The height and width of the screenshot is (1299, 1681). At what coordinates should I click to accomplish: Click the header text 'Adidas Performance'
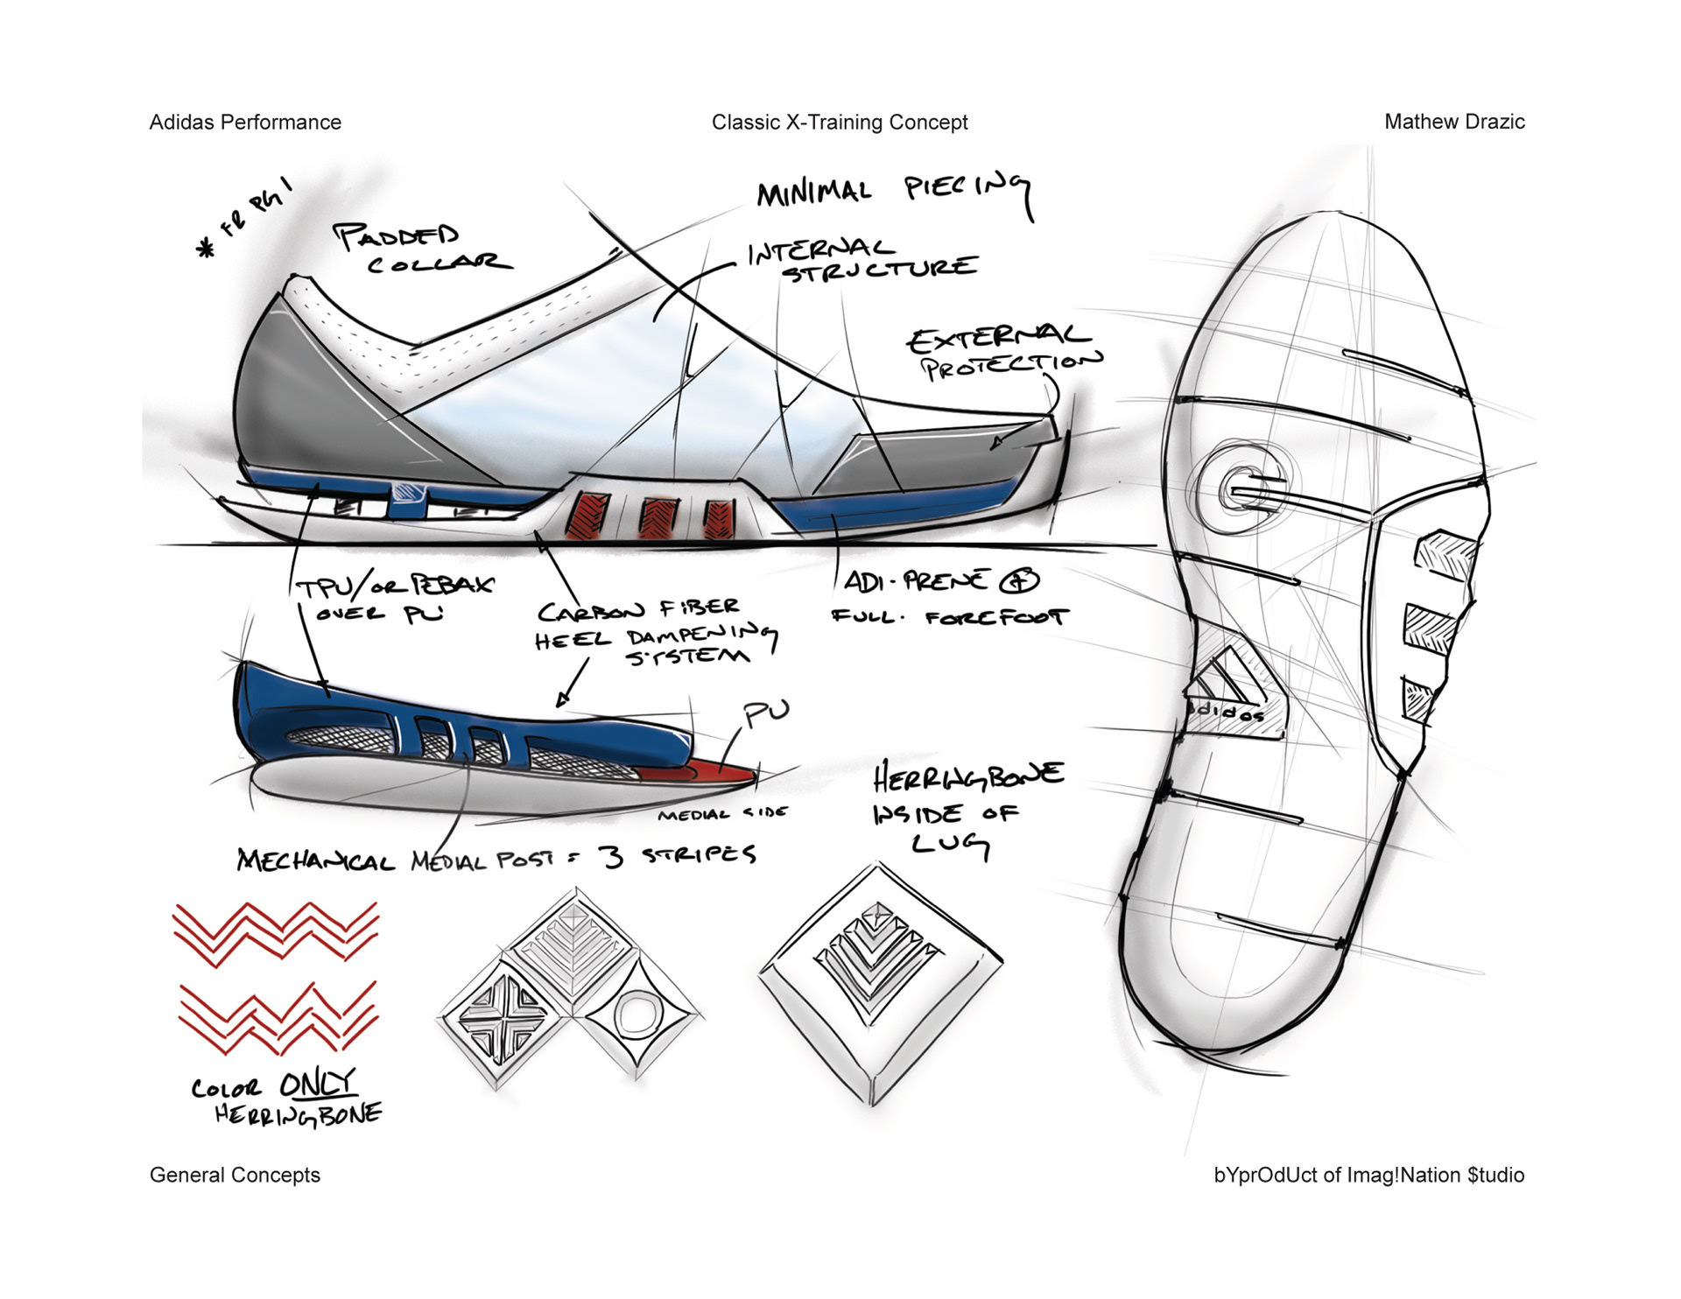(245, 123)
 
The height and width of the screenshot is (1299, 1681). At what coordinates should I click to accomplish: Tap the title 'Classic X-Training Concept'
(840, 123)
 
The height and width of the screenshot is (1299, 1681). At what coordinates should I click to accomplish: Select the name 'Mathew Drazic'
(1454, 123)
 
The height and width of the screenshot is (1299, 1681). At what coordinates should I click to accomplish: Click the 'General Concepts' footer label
(235, 1175)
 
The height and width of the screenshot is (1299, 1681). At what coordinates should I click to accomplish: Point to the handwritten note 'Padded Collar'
(420, 249)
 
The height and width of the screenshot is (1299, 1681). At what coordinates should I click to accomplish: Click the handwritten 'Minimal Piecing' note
(893, 192)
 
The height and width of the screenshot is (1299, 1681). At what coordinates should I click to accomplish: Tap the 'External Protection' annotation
(1003, 352)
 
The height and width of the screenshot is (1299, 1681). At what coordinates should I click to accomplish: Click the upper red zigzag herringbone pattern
(276, 933)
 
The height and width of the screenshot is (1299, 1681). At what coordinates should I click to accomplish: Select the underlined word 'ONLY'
(317, 1085)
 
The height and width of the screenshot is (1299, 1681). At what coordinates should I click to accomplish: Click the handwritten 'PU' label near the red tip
(765, 713)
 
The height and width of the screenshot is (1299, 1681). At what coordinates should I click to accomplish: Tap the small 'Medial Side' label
(722, 814)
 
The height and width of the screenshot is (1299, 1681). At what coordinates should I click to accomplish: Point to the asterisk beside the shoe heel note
(207, 249)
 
